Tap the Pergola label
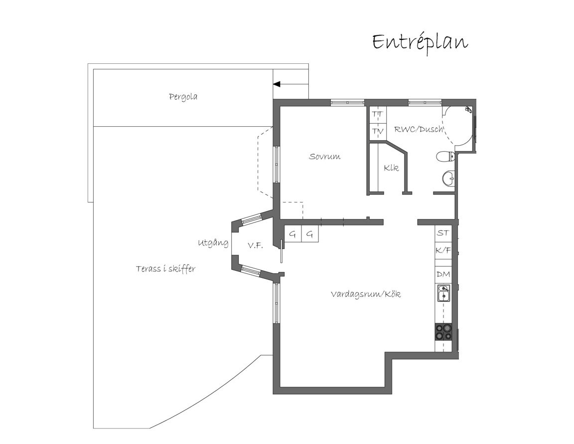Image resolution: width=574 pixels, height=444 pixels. coord(183,97)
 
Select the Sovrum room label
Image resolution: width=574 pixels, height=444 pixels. coord(325,157)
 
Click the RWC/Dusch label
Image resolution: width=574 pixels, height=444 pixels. coord(419,129)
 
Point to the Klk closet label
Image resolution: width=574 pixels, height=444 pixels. coord(391,168)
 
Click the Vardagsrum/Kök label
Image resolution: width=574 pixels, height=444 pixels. coord(366,294)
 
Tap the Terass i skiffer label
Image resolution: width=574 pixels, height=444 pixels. coord(166,269)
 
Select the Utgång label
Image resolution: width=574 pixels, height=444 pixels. coord(213,243)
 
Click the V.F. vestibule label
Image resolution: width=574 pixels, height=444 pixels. coord(255,245)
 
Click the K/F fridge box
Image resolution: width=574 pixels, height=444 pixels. coord(443,251)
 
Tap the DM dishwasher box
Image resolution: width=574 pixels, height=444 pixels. coord(443,274)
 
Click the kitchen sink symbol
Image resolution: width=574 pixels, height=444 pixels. coord(443,293)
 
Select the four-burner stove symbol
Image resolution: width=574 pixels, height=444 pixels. coord(443,332)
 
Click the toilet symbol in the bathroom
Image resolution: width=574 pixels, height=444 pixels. coord(445,157)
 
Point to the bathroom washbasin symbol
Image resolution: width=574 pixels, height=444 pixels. coord(448,179)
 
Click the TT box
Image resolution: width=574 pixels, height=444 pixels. coord(377,115)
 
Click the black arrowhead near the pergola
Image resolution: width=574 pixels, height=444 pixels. coord(277,84)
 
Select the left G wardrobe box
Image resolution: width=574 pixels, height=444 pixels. coord(293,234)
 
